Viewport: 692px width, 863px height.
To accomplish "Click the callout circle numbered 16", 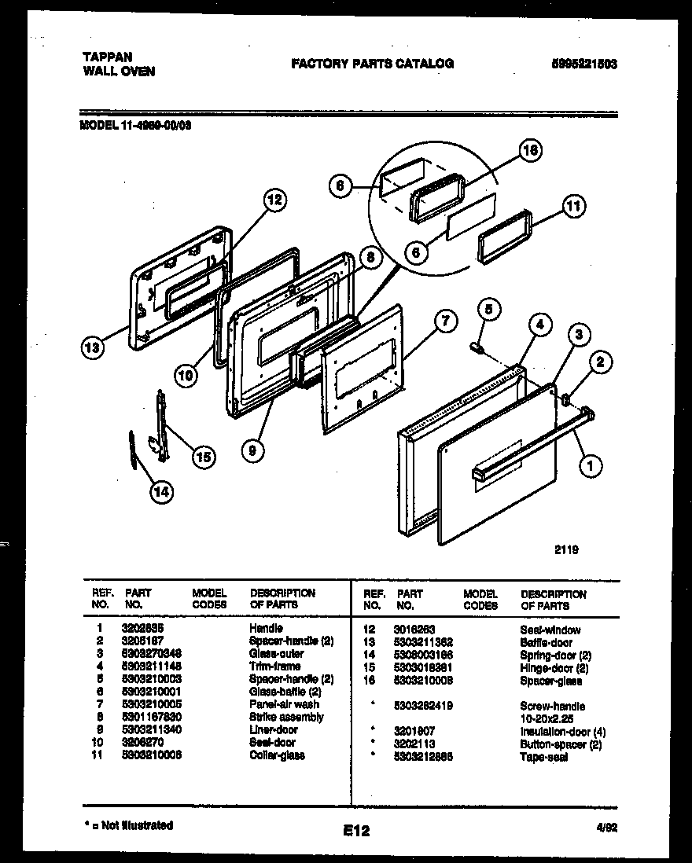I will pyautogui.click(x=532, y=152).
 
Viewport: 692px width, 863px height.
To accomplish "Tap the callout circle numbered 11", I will pyautogui.click(x=574, y=207).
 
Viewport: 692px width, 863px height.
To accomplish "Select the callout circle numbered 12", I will pyautogui.click(x=272, y=200).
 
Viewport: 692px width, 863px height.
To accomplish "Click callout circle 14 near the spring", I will pyautogui.click(x=161, y=493).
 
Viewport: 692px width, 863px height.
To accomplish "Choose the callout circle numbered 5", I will pyautogui.click(x=488, y=310).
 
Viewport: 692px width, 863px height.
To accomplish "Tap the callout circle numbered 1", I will pyautogui.click(x=590, y=467).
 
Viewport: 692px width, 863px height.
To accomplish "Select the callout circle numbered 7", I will pyautogui.click(x=445, y=321).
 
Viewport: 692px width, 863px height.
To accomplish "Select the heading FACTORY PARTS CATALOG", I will pyautogui.click(x=372, y=64).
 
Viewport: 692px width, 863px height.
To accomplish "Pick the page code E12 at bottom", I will pyautogui.click(x=355, y=830).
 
